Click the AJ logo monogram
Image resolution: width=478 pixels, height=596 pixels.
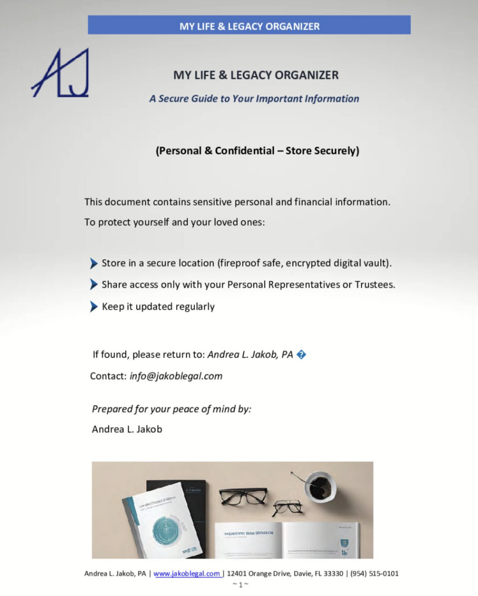60,73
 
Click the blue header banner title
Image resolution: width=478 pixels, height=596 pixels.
249,26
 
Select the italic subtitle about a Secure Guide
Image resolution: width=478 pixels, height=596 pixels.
254,98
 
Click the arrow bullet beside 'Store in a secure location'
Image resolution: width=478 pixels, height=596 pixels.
94,263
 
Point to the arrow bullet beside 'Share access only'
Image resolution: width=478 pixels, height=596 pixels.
94,285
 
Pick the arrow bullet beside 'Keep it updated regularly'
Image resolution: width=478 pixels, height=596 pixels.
94,306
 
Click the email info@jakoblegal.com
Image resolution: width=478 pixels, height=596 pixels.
176,376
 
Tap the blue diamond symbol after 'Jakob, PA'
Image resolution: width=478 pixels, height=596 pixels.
301,355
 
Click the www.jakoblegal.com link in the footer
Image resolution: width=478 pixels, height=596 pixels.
186,574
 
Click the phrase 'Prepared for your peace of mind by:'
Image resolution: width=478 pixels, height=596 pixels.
172,409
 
